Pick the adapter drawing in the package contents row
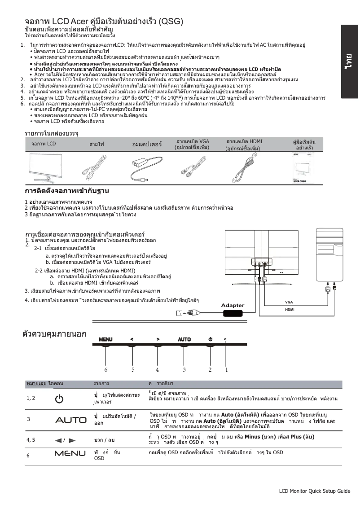coord(145,169)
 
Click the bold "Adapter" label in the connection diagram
coord(233,306)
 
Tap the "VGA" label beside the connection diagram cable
coord(289,302)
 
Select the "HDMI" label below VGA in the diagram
coord(290,310)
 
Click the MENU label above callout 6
coord(106,339)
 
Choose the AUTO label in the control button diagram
coord(184,339)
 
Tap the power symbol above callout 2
coord(210,339)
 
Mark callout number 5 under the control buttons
coord(133,369)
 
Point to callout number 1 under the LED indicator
coord(226,369)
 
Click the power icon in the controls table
coord(59,399)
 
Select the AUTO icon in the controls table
coord(70,420)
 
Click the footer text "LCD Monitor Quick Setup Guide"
coord(314,491)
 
